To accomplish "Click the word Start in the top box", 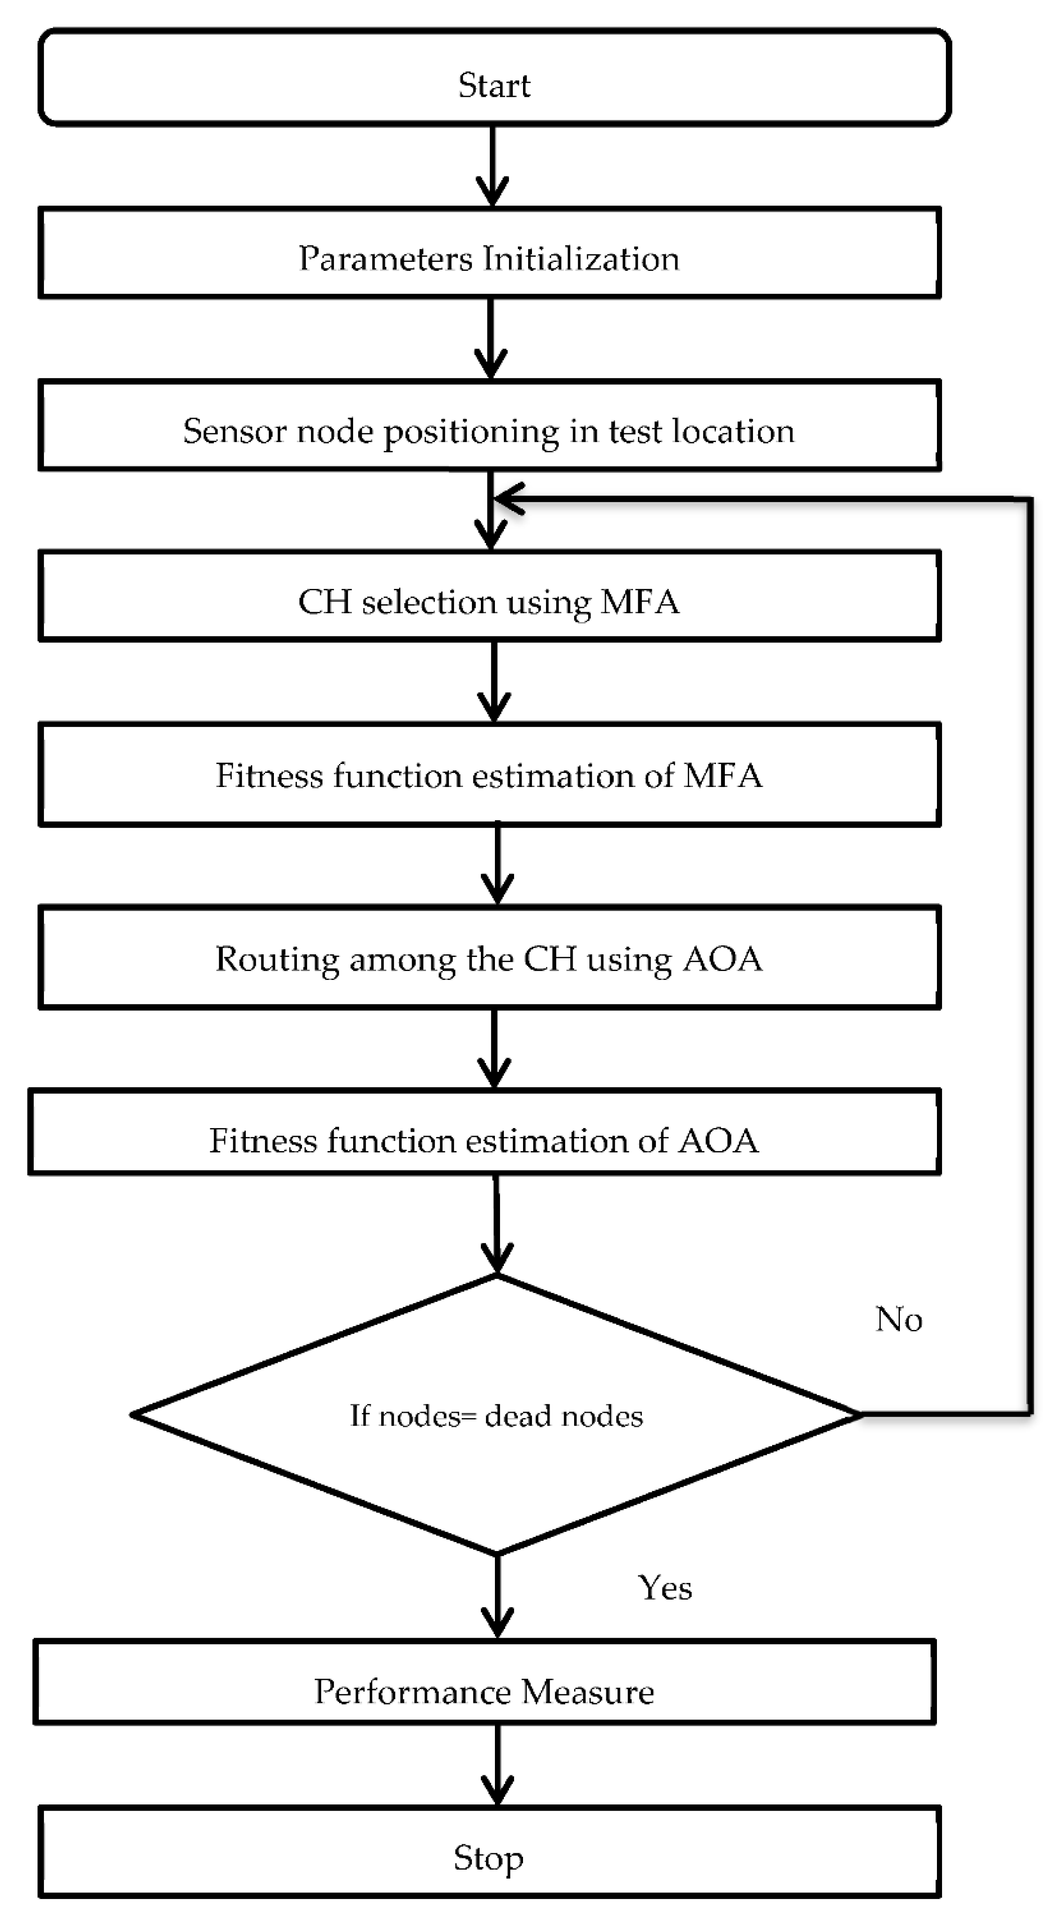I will pyautogui.click(x=494, y=85).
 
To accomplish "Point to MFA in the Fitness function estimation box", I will pyautogui.click(x=723, y=775).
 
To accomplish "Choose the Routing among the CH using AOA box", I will pyautogui.click(x=489, y=958).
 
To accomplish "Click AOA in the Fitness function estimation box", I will pyautogui.click(x=718, y=1140).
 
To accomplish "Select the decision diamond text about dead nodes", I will pyautogui.click(x=496, y=1415).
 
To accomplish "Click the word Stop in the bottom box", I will pyautogui.click(x=488, y=1858).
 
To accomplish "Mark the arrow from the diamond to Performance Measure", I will pyautogui.click(x=497, y=1596).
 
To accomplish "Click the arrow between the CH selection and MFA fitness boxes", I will pyautogui.click(x=494, y=682).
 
